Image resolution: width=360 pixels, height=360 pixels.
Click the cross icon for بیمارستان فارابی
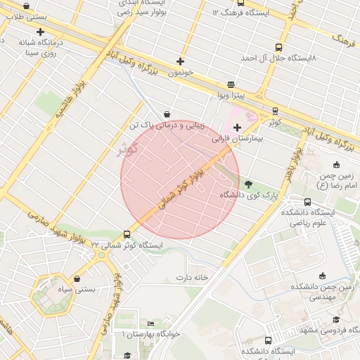(x=237, y=127)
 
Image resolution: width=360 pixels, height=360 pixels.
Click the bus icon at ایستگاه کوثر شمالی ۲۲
(x=127, y=234)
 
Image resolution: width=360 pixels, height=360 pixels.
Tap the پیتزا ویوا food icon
(x=231, y=84)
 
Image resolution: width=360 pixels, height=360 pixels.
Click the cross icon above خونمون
(x=180, y=61)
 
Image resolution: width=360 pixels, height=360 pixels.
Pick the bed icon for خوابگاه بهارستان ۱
(x=150, y=323)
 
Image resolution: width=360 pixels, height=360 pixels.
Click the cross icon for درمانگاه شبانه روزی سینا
(x=40, y=32)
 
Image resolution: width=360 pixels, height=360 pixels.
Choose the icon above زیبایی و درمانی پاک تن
(x=167, y=114)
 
